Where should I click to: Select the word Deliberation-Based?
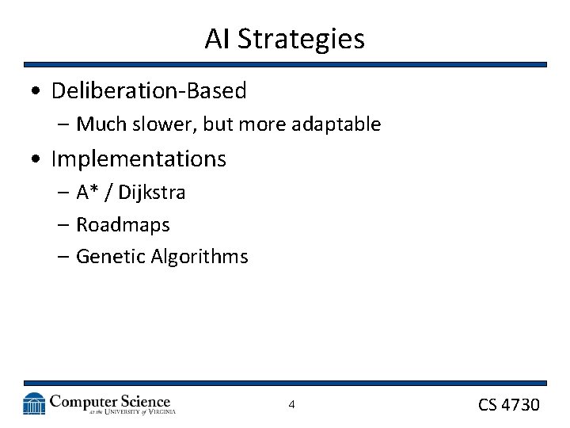click(149, 91)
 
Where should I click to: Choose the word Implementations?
click(139, 159)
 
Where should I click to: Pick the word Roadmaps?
click(123, 225)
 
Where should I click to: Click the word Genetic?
click(106, 257)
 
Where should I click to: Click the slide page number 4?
click(291, 405)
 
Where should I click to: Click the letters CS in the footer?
click(488, 405)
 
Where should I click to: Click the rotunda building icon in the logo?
click(34, 404)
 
